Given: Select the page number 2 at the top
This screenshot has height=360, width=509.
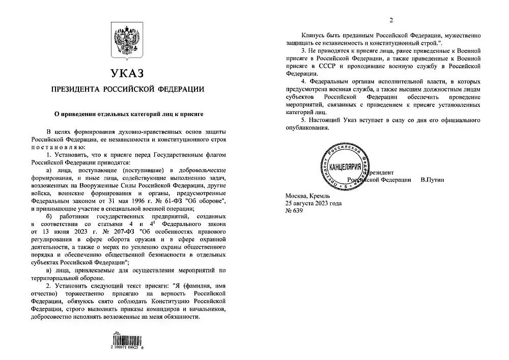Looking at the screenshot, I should coord(391,20).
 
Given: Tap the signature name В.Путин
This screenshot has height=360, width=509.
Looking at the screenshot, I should coord(433,180).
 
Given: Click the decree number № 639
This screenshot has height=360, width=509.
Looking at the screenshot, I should coord(296,210).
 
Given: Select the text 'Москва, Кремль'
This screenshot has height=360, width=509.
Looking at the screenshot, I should coord(309,196).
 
